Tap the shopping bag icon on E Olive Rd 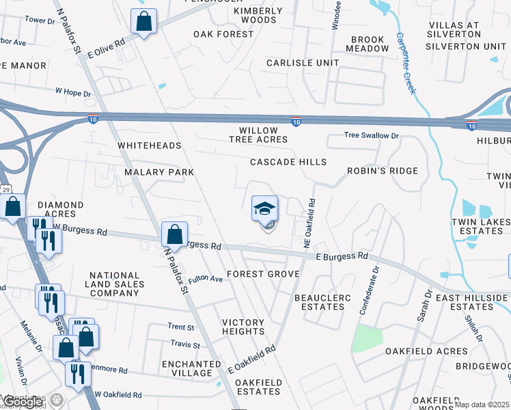(144, 22)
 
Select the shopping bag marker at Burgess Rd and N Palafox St (174, 234)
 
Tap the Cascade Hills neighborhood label (288, 162)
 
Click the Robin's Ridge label (382, 170)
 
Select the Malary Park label (159, 172)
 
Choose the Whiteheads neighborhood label (149, 146)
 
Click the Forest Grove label (263, 274)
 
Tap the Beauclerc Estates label (319, 302)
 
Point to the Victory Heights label (243, 327)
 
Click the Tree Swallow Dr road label (371, 136)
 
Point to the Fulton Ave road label (206, 279)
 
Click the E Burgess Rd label (342, 256)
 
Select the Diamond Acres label (60, 209)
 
